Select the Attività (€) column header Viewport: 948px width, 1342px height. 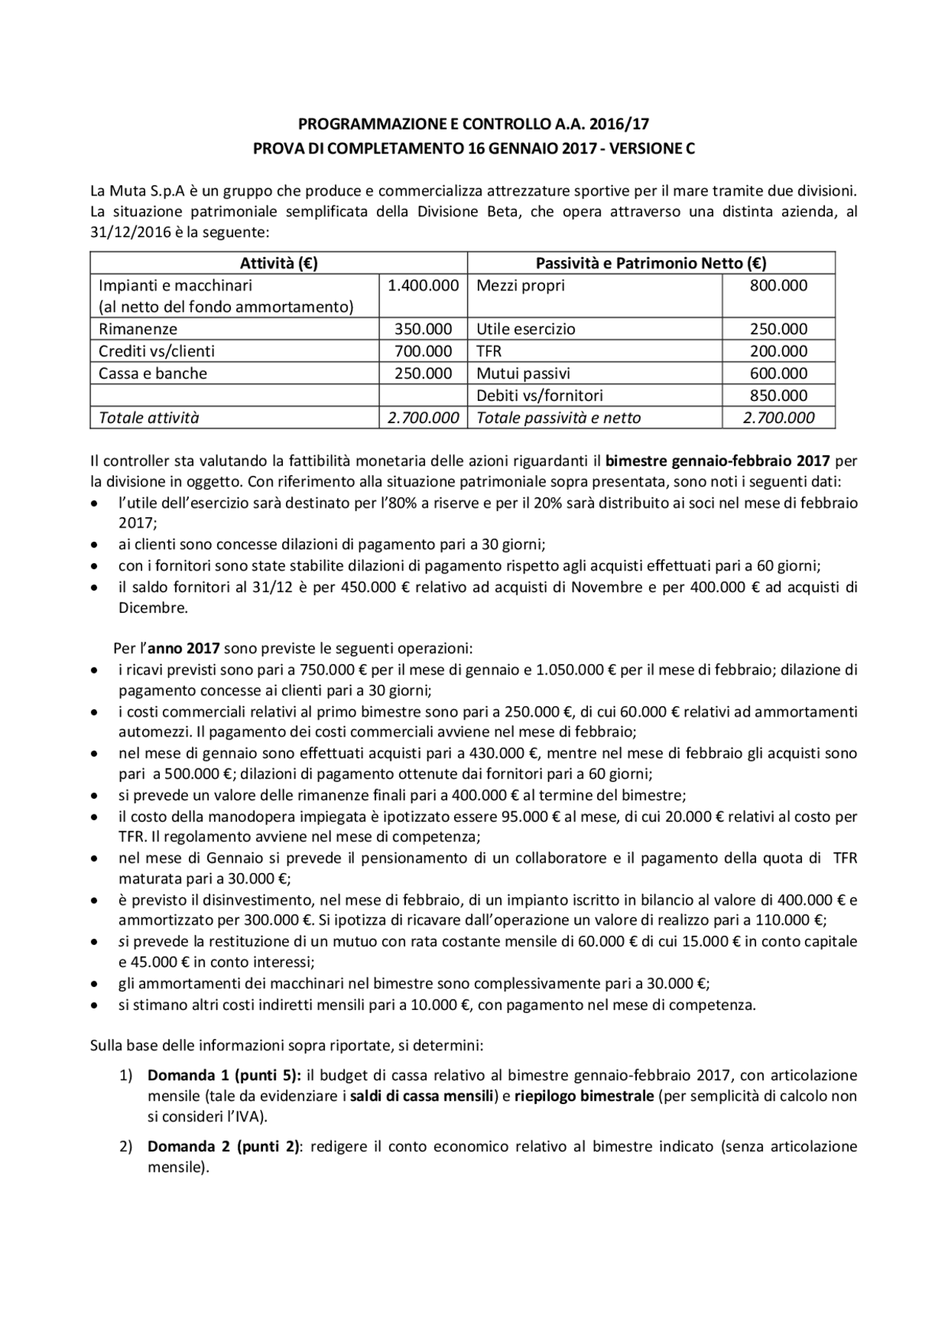[x=278, y=263]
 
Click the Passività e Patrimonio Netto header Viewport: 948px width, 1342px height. [x=651, y=263]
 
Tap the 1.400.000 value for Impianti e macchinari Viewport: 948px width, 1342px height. [x=423, y=285]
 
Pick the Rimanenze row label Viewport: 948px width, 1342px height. [x=138, y=329]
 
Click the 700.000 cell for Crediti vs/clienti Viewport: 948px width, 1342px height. [x=423, y=351]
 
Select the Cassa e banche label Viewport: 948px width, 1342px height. [x=153, y=373]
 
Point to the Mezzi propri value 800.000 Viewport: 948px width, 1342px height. [x=778, y=285]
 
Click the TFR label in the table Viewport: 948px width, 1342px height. [x=489, y=351]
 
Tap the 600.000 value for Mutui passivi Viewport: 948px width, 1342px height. [x=778, y=373]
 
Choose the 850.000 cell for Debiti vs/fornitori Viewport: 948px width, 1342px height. [x=778, y=396]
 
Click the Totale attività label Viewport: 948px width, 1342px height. [x=149, y=418]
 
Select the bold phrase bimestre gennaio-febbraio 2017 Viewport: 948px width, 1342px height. [x=717, y=461]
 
